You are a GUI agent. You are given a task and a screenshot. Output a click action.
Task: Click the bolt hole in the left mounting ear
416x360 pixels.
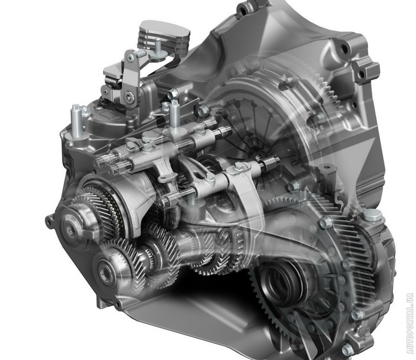(48, 222)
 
